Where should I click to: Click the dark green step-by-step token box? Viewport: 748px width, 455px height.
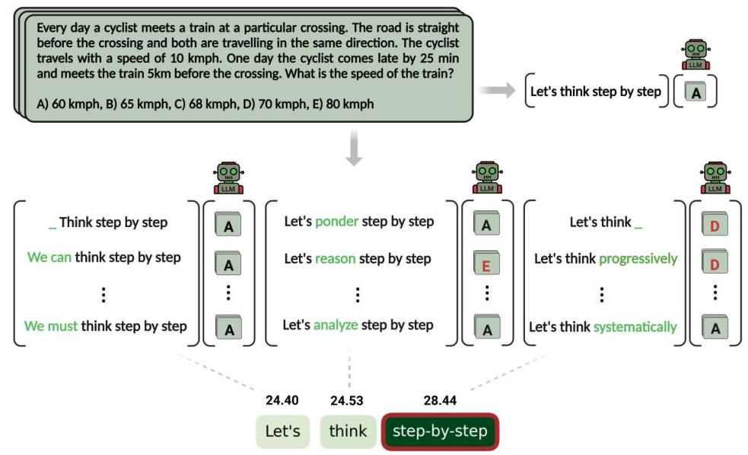[440, 431]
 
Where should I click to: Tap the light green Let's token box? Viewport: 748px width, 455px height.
[282, 431]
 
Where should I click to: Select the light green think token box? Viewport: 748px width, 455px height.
[348, 431]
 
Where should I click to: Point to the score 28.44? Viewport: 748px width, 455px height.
[440, 400]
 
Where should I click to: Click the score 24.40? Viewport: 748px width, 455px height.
[282, 400]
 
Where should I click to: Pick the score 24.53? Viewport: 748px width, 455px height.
[346, 400]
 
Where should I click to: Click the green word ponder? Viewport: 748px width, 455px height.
[336, 222]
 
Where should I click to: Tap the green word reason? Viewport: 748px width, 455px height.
[335, 258]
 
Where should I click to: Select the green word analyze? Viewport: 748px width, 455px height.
[336, 325]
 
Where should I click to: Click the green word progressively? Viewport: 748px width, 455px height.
[638, 258]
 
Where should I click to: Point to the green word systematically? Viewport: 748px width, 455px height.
[635, 327]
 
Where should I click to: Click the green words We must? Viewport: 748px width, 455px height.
[51, 326]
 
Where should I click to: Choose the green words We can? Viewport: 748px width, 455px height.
[49, 258]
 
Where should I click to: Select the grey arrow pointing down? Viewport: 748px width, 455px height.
[353, 149]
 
